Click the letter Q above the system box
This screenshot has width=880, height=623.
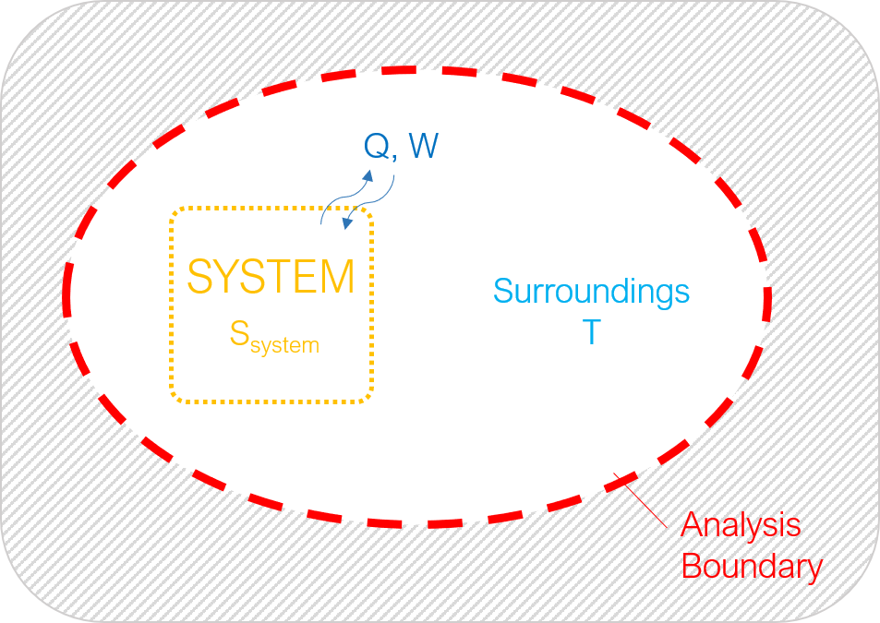click(377, 146)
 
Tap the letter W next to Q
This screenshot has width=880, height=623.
click(423, 146)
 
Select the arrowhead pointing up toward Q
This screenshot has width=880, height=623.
click(368, 175)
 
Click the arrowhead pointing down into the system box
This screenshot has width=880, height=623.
click(348, 223)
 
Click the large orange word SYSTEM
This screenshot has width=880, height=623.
click(271, 277)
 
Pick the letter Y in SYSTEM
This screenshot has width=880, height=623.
click(230, 277)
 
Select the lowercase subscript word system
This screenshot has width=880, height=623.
click(284, 345)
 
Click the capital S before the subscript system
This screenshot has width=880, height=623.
click(240, 333)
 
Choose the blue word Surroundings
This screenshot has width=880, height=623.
click(592, 293)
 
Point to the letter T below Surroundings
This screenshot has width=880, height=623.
click(592, 332)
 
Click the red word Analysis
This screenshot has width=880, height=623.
click(741, 526)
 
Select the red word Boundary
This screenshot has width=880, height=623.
click(752, 568)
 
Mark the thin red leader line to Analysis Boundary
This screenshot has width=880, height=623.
click(640, 501)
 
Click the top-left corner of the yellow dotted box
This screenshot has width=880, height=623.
click(172, 210)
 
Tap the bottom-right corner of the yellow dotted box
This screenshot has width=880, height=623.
click(371, 401)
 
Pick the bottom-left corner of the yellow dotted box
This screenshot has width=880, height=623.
click(172, 401)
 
